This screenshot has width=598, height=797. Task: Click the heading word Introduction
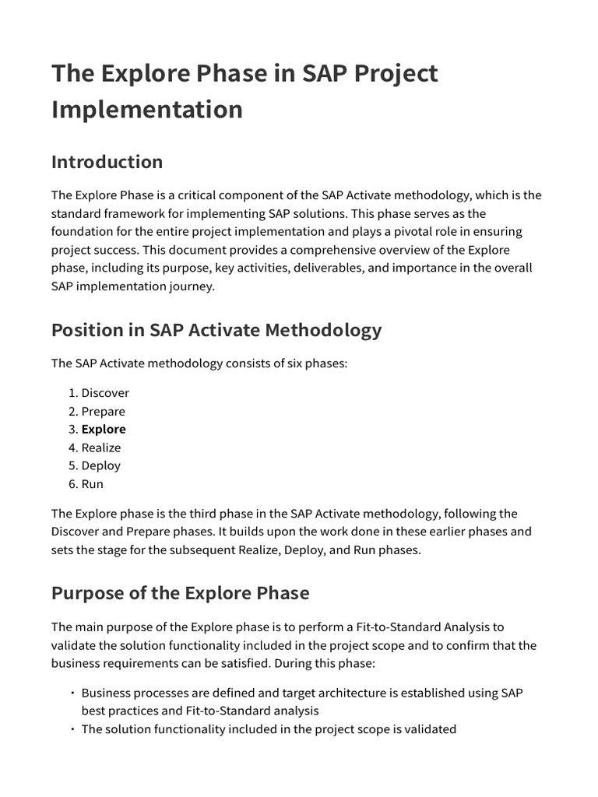pyautogui.click(x=107, y=162)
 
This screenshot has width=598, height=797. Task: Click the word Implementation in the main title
pyautogui.click(x=147, y=109)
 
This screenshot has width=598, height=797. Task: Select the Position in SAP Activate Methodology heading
pyautogui.click(x=216, y=330)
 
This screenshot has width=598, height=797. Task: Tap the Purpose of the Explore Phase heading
pyautogui.click(x=180, y=593)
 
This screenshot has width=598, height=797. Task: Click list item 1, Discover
pyautogui.click(x=105, y=393)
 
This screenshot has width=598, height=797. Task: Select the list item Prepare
pyautogui.click(x=103, y=412)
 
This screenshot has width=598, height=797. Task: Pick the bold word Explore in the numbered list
pyautogui.click(x=104, y=430)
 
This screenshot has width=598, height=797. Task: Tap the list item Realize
pyautogui.click(x=101, y=448)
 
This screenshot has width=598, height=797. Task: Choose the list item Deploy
pyautogui.click(x=101, y=465)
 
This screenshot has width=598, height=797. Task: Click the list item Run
pyautogui.click(x=92, y=484)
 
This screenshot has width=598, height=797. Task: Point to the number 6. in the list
pyautogui.click(x=73, y=484)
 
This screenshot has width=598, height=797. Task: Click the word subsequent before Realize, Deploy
pyautogui.click(x=205, y=550)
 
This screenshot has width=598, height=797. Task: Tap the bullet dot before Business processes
pyautogui.click(x=72, y=693)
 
